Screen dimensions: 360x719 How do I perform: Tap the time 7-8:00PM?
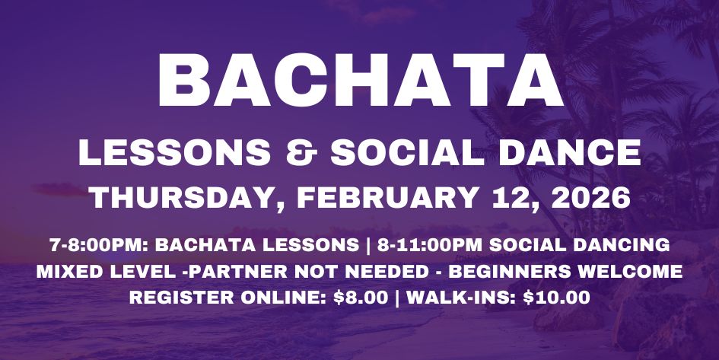88,246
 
